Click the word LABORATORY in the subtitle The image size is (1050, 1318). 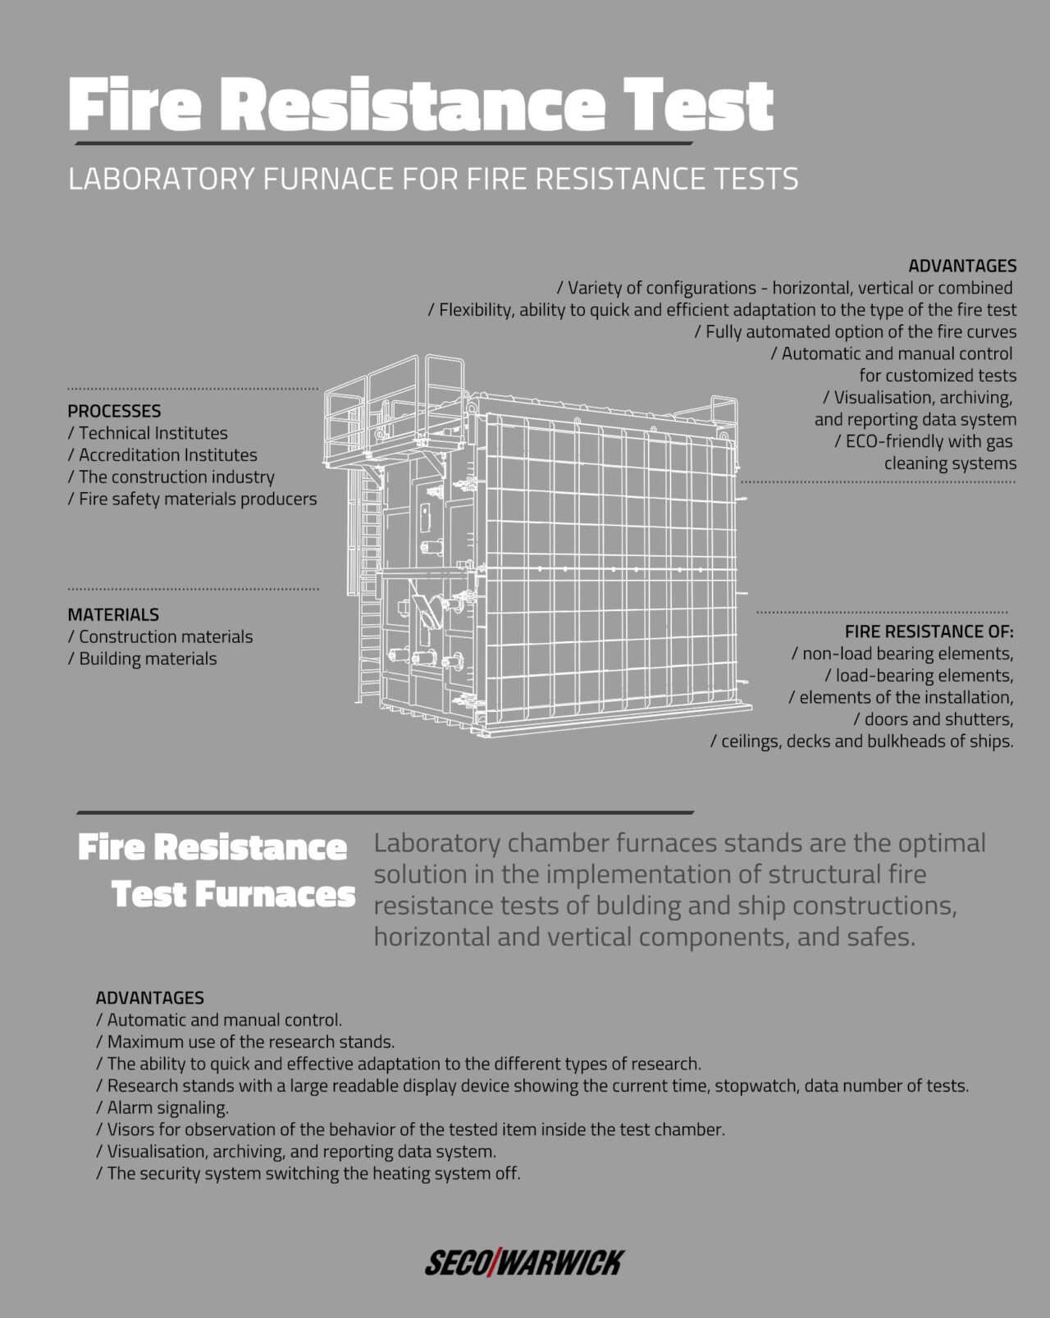coord(162,179)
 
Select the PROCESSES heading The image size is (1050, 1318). coord(114,411)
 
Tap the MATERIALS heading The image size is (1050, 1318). coord(113,614)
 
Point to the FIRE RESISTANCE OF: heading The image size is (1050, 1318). coord(929,632)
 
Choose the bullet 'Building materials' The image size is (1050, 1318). coord(143,659)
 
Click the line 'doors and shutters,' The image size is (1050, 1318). coord(934,719)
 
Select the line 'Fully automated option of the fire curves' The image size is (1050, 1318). coord(856,331)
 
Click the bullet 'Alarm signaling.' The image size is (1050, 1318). coord(162,1107)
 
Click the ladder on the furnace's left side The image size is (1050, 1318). coord(369,591)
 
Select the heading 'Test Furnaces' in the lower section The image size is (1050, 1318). coord(233,894)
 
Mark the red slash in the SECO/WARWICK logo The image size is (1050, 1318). coord(494,1263)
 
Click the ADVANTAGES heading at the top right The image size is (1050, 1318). coord(961,266)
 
